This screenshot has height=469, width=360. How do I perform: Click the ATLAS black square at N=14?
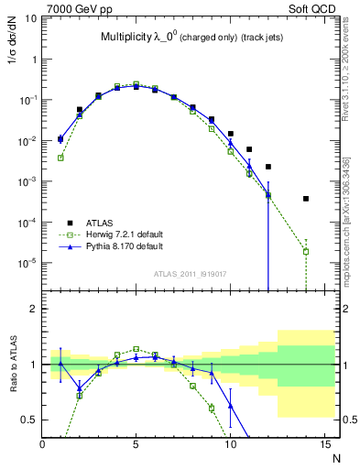point(306,199)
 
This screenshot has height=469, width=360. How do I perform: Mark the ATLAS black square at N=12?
point(268,167)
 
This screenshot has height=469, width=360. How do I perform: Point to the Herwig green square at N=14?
point(306,251)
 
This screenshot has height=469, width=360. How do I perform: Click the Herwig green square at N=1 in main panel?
point(60,158)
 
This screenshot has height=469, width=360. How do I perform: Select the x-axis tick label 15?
point(323,444)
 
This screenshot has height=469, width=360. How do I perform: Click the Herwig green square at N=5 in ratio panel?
point(136,349)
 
